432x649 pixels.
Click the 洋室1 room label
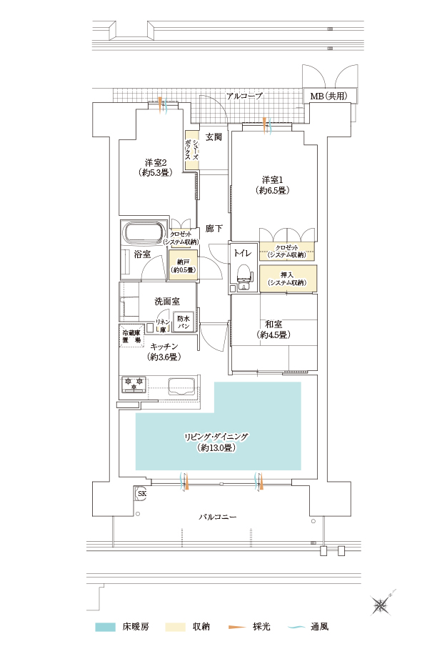click(x=272, y=180)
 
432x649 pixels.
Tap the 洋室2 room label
click(x=156, y=163)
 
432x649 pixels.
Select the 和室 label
click(x=273, y=324)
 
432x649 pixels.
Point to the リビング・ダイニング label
click(x=216, y=437)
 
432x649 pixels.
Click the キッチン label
click(x=164, y=347)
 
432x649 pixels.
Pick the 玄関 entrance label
click(x=214, y=137)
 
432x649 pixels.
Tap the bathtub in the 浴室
click(x=144, y=234)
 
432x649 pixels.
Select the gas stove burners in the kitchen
click(x=134, y=383)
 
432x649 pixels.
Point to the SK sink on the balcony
click(x=141, y=493)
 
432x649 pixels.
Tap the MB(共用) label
click(x=328, y=96)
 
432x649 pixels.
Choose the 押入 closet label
click(x=287, y=275)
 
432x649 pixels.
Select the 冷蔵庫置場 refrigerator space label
click(x=131, y=336)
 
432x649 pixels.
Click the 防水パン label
click(x=183, y=322)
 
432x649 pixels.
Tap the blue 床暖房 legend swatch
click(x=105, y=627)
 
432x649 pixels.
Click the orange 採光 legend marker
click(x=237, y=627)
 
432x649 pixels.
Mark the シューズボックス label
click(x=191, y=150)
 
